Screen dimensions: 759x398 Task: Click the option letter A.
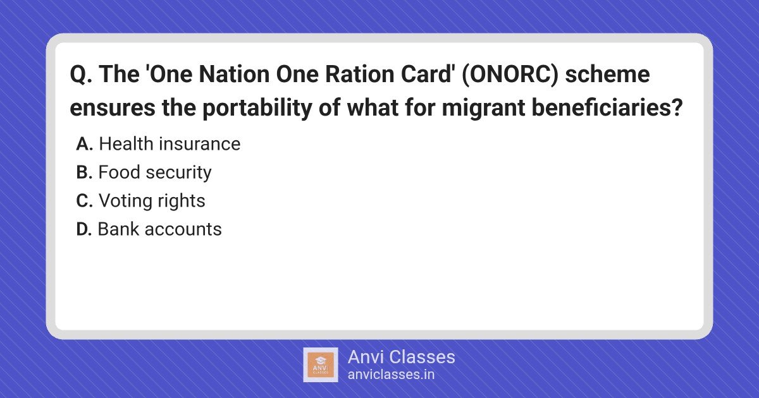pyautogui.click(x=84, y=144)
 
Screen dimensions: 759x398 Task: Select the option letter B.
pyautogui.click(x=84, y=172)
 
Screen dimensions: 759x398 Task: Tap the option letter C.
pyautogui.click(x=84, y=201)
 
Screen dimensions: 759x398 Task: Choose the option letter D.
pyautogui.click(x=84, y=229)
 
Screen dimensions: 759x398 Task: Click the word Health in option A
pyautogui.click(x=126, y=143)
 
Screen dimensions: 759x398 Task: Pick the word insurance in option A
pyautogui.click(x=200, y=144)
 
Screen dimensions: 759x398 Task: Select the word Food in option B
pyautogui.click(x=119, y=172)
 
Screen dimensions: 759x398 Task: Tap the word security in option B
pyautogui.click(x=178, y=173)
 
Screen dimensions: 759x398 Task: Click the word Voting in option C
pyautogui.click(x=126, y=202)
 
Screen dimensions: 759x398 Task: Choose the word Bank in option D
pyautogui.click(x=118, y=229)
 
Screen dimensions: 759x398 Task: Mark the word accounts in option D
pyautogui.click(x=183, y=229)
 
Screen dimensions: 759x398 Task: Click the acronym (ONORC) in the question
pyautogui.click(x=510, y=75)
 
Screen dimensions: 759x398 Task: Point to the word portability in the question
pyautogui.click(x=257, y=108)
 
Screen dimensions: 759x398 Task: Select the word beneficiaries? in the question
pyautogui.click(x=607, y=107)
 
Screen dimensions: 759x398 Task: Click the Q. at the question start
pyautogui.click(x=81, y=75)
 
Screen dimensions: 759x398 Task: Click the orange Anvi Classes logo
pyautogui.click(x=321, y=365)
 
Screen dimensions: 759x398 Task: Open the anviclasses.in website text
pyautogui.click(x=391, y=375)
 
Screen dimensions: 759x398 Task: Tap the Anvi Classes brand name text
pyautogui.click(x=402, y=357)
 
